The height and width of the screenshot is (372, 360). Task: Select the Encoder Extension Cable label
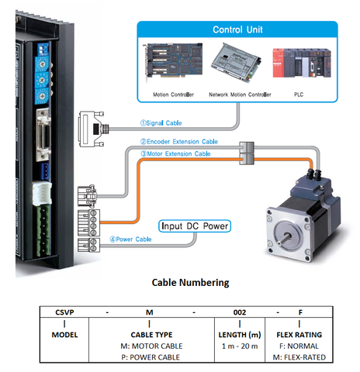click(x=180, y=143)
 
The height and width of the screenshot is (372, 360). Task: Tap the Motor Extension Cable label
click(x=175, y=153)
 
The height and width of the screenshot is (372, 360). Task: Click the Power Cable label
click(x=133, y=239)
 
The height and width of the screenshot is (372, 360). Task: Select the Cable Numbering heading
click(x=179, y=282)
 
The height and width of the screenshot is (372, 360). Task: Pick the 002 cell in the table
click(x=240, y=312)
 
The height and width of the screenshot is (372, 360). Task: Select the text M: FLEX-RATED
click(x=299, y=356)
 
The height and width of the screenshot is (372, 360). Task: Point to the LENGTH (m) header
click(x=240, y=334)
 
